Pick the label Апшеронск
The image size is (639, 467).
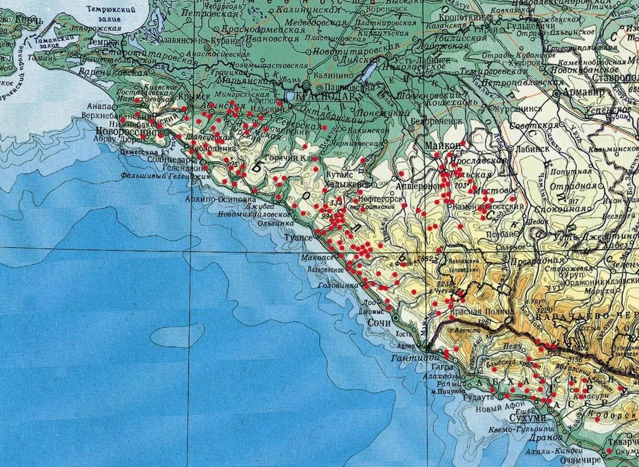pyautogui.click(x=415, y=185)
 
